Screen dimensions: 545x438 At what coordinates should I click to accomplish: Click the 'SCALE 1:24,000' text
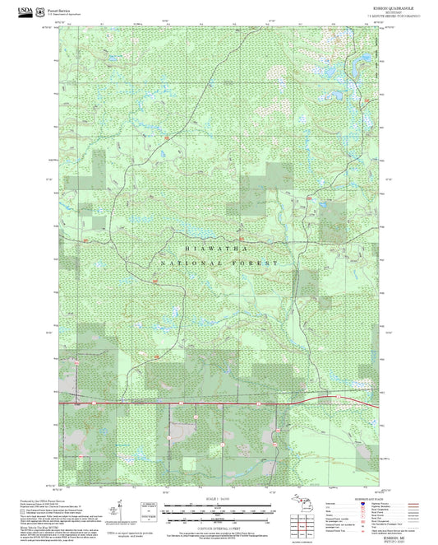tap(218, 500)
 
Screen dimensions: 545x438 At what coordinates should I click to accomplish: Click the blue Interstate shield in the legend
tap(362, 504)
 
